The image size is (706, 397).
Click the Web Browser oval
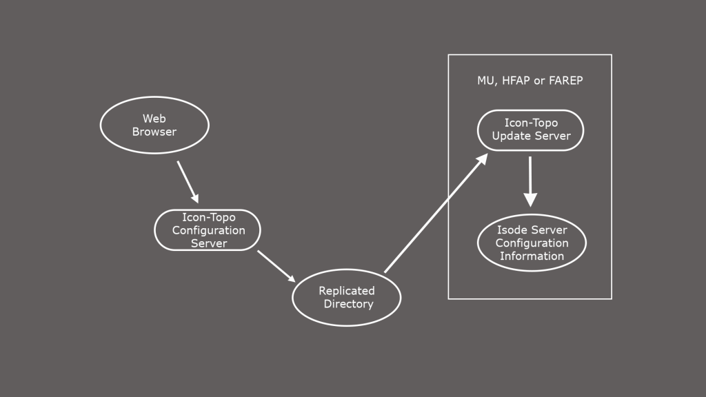click(x=154, y=125)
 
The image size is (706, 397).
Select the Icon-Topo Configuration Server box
click(x=208, y=230)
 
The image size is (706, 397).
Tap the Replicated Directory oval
click(x=347, y=298)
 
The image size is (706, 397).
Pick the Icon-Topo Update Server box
click(x=531, y=130)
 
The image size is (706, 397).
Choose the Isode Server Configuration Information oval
click(x=532, y=243)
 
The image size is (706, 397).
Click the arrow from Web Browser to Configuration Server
click(x=188, y=180)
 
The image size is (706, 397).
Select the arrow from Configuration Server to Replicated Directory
click(x=276, y=266)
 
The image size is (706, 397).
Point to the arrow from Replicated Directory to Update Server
click(x=436, y=213)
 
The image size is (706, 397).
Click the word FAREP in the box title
click(x=566, y=81)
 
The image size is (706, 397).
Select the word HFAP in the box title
click(x=514, y=81)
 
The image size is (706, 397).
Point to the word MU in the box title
click(x=485, y=81)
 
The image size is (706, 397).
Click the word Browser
click(x=154, y=132)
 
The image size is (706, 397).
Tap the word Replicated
click(x=347, y=291)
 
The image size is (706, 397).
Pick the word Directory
click(x=348, y=304)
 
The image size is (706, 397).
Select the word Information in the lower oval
click(x=532, y=256)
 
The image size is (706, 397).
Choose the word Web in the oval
click(x=154, y=119)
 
